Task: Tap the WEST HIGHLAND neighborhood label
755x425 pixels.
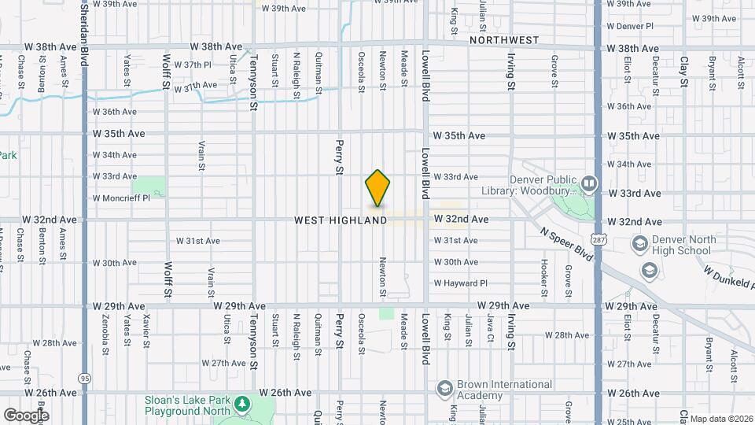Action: click(341, 221)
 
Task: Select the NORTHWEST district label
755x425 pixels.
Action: click(504, 39)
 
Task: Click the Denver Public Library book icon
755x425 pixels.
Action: click(587, 184)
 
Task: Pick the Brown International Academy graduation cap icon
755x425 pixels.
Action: click(444, 389)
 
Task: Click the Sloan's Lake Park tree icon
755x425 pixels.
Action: click(243, 404)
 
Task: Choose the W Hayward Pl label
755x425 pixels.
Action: click(461, 283)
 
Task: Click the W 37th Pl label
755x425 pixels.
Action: click(193, 65)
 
